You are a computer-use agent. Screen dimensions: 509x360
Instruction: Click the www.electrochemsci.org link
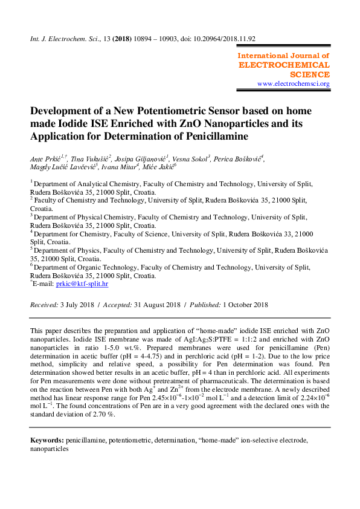tap(294, 84)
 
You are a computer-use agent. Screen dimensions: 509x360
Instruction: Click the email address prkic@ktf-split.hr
tap(82, 283)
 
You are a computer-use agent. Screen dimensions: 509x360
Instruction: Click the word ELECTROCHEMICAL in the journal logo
tap(284, 65)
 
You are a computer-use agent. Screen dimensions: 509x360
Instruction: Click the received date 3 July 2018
tap(75, 305)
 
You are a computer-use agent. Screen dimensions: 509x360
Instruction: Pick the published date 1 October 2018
tap(245, 305)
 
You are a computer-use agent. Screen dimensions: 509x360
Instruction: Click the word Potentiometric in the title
tap(173, 112)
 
